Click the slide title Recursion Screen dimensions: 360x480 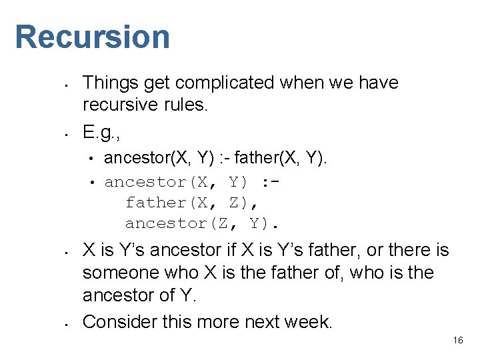coord(93,37)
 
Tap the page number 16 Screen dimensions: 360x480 coord(458,340)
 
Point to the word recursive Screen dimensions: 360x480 coord(121,105)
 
